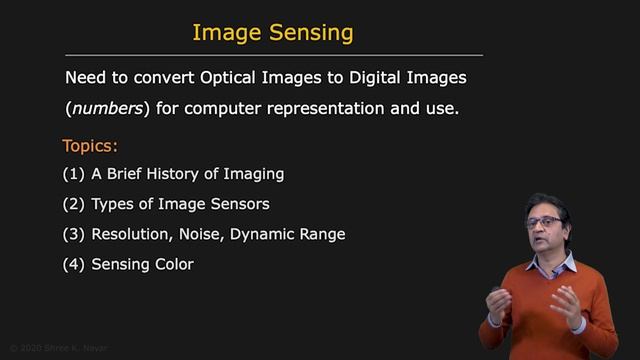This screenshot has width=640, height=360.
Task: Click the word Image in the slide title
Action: tap(227, 32)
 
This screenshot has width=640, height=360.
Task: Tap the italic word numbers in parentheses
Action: tap(106, 108)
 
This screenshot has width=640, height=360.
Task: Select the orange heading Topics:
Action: tap(90, 145)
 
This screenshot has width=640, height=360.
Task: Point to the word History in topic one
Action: tap(176, 174)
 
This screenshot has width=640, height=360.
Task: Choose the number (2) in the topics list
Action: tap(73, 204)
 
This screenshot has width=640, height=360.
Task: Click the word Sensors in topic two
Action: tap(269, 204)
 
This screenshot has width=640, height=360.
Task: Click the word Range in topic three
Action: tap(323, 234)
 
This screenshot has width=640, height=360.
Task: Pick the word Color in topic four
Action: tap(173, 264)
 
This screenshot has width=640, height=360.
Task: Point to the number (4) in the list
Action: tap(73, 264)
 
